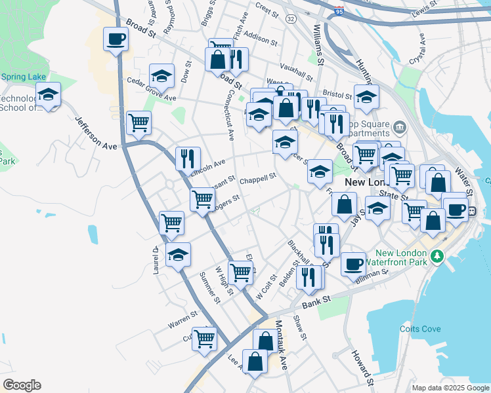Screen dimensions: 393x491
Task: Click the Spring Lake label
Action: pyautogui.click(x=23, y=77)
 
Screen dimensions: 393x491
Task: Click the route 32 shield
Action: pyautogui.click(x=291, y=20)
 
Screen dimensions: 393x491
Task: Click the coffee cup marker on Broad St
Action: pyautogui.click(x=116, y=39)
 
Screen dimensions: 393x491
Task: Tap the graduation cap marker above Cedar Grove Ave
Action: pyautogui.click(x=161, y=76)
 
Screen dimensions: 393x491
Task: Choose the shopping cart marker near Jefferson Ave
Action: pyautogui.click(x=139, y=122)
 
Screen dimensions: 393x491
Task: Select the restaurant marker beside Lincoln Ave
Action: pyautogui.click(x=188, y=159)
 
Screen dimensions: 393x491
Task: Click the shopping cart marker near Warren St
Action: pyautogui.click(x=204, y=338)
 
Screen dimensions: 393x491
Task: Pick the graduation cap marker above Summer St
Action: pyautogui.click(x=177, y=255)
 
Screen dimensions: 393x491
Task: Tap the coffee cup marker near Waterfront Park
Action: pyautogui.click(x=353, y=264)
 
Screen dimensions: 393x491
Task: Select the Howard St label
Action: pyautogui.click(x=362, y=367)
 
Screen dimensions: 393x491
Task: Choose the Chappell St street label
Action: pyautogui.click(x=257, y=178)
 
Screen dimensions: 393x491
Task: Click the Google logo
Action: pyautogui.click(x=22, y=385)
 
